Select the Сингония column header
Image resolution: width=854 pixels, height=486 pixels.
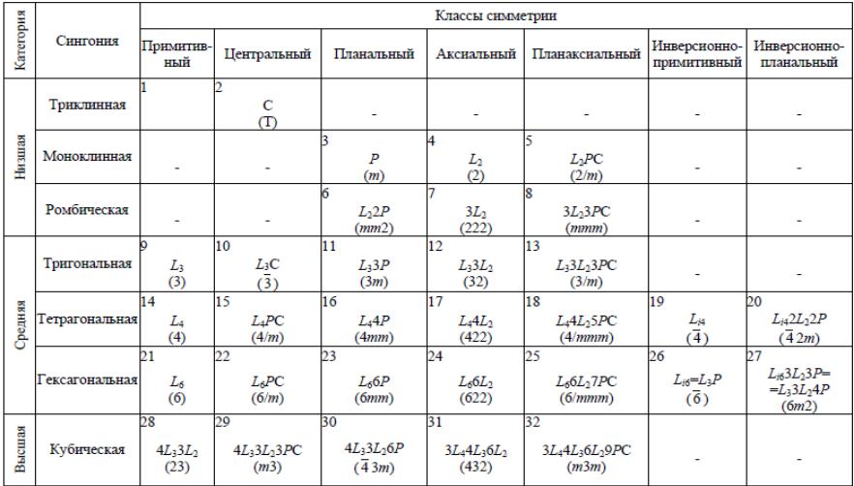[88, 42]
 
